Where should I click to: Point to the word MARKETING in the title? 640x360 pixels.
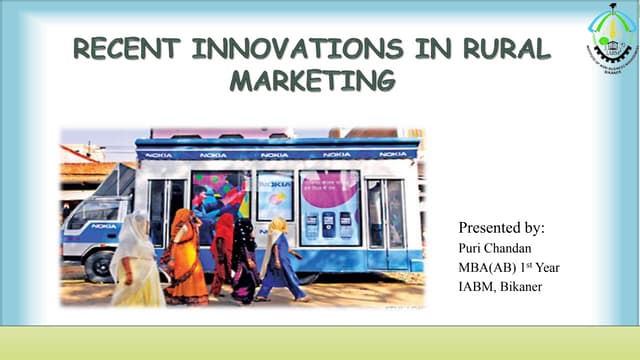[312, 80]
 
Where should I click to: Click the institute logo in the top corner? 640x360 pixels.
[610, 36]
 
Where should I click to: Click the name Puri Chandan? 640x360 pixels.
[494, 248]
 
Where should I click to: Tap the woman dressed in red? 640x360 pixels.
[223, 255]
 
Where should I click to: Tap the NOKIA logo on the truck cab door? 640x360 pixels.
[106, 226]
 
